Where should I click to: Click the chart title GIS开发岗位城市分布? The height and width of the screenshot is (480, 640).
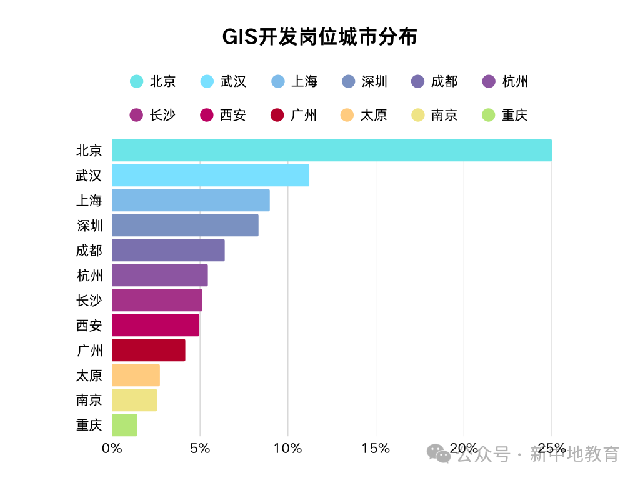coord(319,37)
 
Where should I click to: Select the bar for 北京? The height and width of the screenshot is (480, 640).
coord(331,151)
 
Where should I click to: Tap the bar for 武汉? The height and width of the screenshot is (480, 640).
coord(211,176)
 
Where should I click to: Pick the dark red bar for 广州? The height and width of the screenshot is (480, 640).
coord(149,351)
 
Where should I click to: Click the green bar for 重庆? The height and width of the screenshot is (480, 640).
coord(124,425)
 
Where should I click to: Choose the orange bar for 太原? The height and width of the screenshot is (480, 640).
coord(136,376)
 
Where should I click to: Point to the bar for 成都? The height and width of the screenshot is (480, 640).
coord(168,251)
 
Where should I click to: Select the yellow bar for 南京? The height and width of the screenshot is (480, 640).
coord(134,401)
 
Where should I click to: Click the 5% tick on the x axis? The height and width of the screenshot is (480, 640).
coord(200,448)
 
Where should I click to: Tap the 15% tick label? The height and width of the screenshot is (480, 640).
coord(376,448)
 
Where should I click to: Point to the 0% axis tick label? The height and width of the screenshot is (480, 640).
coord(112,448)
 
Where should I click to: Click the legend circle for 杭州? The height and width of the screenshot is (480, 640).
coord(489,81)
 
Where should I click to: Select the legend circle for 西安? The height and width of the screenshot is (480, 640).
coord(207,115)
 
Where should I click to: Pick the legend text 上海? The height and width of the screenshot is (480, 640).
coord(304,81)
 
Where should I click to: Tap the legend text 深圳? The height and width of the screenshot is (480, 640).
coord(374,81)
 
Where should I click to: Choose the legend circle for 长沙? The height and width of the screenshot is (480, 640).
coord(136,115)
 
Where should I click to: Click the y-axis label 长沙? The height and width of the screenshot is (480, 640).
coord(89,301)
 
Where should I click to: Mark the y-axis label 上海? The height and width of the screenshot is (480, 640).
coord(89,201)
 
